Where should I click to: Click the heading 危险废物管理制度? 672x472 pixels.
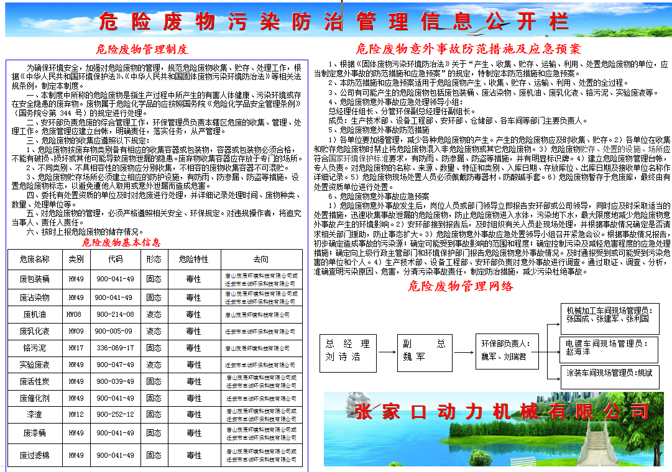coord(142,49)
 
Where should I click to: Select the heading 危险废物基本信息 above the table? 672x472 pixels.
coord(121,242)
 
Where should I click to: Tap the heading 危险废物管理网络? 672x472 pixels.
coord(461,286)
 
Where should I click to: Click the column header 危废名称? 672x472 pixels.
coord(34,259)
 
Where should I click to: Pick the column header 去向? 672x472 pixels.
coord(261,259)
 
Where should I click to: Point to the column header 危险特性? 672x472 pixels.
coord(193,259)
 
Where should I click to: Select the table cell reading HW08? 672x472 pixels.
coord(75,315)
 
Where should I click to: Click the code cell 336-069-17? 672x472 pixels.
coord(114,348)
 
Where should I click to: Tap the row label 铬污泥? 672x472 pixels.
coord(34,348)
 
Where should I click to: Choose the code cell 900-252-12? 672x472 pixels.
coord(114,414)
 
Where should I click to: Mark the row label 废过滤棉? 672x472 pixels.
coord(34,455)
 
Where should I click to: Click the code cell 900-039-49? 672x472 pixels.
coord(114,381)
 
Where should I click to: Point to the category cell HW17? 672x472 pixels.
coord(75,348)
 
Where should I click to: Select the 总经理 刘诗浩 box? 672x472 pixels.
coord(348,350)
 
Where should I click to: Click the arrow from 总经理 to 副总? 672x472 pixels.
coord(385,350)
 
